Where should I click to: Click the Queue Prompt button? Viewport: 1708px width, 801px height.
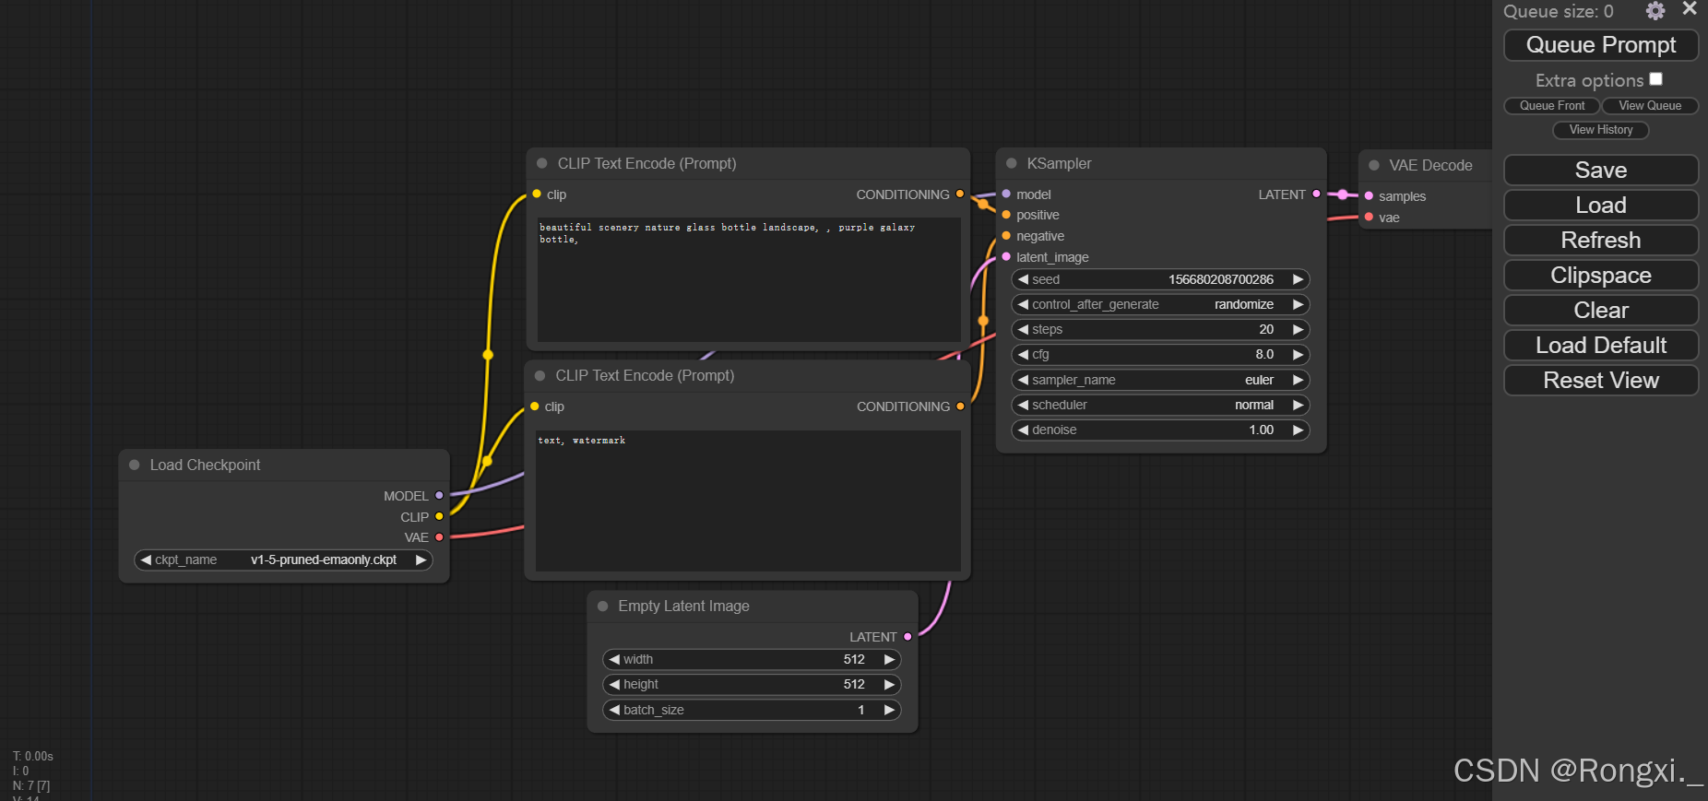tap(1601, 45)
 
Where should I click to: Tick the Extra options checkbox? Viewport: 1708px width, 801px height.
tap(1656, 79)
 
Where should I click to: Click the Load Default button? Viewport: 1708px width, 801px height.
tap(1601, 346)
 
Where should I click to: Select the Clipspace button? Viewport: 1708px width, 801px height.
tap(1601, 276)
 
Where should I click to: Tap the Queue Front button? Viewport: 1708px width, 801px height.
tap(1552, 106)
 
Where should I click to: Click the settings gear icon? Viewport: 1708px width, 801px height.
tap(1655, 11)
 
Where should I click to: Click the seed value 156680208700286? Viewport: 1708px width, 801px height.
tap(1221, 279)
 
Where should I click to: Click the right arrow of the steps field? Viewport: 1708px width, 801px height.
tap(1298, 329)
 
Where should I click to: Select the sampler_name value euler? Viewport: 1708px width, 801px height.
tap(1259, 380)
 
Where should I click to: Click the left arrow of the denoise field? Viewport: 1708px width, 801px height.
tap(1023, 430)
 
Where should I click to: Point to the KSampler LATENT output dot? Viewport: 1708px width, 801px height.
tap(1316, 194)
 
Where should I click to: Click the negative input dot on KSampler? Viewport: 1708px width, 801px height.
tap(1006, 236)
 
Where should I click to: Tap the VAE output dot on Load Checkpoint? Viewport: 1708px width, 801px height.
tap(439, 537)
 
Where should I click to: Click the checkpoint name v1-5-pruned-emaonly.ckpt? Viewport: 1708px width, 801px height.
tap(324, 560)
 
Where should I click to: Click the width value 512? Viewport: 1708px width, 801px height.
tap(854, 659)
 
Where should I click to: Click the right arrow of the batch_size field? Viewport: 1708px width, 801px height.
tap(889, 710)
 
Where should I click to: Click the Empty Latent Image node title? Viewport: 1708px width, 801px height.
tap(683, 606)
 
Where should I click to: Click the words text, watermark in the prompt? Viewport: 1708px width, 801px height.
tap(582, 441)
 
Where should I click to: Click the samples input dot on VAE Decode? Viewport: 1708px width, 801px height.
tap(1369, 195)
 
